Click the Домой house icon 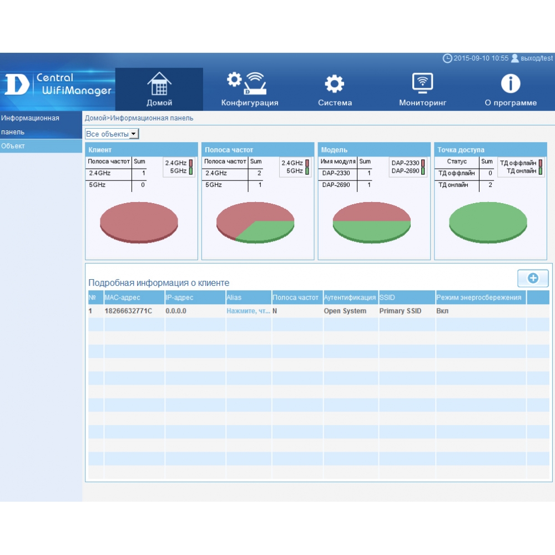159,84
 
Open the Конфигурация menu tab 250,103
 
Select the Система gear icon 335,84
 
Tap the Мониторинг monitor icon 422,83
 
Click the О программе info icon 511,84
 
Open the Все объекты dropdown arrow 133,134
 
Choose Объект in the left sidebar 13,146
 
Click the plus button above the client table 533,278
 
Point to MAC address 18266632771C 128,311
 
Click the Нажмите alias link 248,311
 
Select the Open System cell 345,311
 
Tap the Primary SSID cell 400,311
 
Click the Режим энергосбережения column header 478,297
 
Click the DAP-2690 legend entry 408,171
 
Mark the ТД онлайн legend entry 524,171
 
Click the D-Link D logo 16,84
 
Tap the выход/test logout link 536,58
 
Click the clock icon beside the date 447,58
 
